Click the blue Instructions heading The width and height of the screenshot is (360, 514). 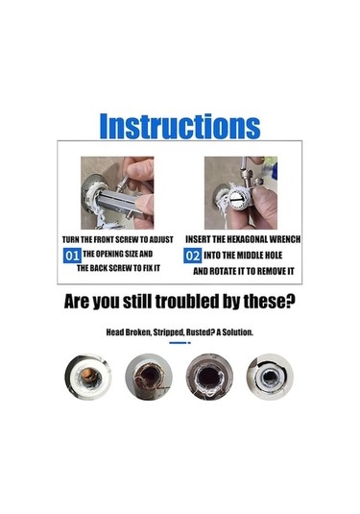pos(180,126)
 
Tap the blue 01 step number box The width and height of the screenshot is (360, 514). pos(72,256)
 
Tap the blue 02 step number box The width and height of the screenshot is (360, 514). pos(193,256)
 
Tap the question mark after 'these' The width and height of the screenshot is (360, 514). pos(291,302)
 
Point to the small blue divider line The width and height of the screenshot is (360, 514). pos(180,343)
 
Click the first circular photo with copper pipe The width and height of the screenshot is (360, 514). pos(88,377)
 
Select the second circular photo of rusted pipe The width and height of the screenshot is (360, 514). pos(149,377)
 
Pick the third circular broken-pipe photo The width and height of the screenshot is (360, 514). pos(209,377)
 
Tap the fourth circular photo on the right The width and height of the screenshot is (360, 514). pos(270,377)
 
